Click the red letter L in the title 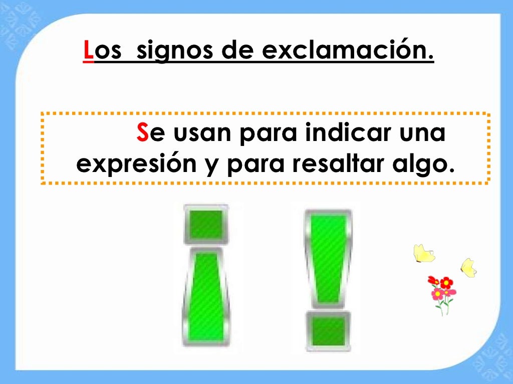click(x=88, y=52)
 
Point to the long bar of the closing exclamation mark click(x=328, y=257)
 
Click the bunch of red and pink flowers click(x=442, y=292)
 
